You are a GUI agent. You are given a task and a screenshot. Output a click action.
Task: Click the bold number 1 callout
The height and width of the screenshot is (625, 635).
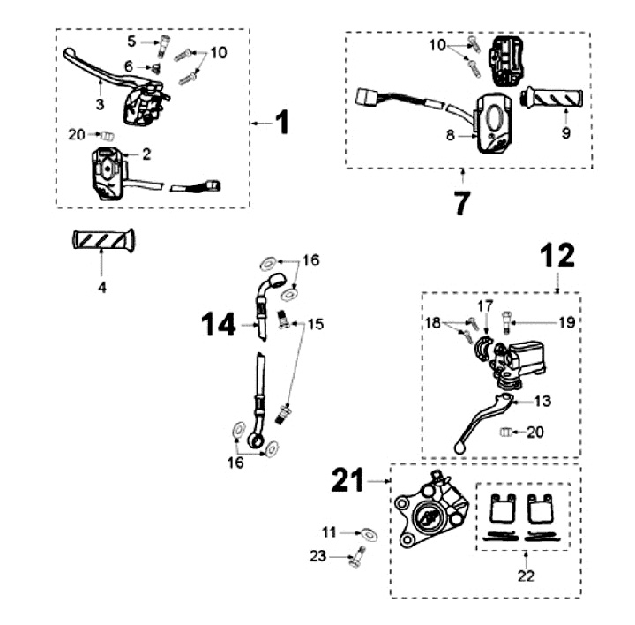(x=280, y=123)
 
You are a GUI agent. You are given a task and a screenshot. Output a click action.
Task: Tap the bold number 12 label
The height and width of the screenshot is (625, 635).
(x=557, y=256)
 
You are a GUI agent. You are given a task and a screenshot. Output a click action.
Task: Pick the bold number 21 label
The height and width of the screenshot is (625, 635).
(x=347, y=480)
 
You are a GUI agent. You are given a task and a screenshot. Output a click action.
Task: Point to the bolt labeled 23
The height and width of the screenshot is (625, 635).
(x=356, y=558)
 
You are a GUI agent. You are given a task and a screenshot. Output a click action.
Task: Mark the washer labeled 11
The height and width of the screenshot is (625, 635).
(x=367, y=532)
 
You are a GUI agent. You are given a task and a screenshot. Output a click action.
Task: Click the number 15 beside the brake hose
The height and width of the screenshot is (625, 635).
(x=315, y=325)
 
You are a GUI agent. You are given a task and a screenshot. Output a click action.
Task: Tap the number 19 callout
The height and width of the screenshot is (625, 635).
(x=566, y=323)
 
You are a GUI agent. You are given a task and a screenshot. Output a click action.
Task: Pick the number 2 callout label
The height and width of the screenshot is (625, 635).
(x=147, y=154)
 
